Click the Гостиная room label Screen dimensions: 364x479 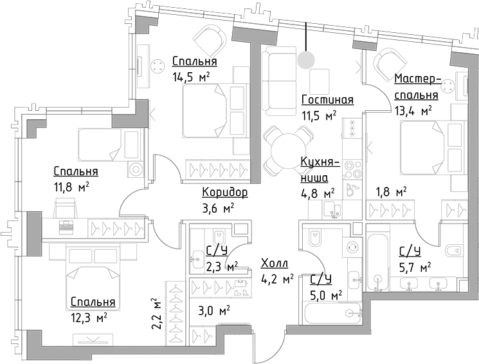[x=328, y=99]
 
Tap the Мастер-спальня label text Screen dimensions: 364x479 [x=416, y=87]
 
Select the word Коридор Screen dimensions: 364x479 [x=224, y=192]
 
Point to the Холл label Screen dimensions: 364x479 [x=275, y=263]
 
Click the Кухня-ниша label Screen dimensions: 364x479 [x=315, y=170]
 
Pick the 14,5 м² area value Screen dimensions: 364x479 [x=192, y=77]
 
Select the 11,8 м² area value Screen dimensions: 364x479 [x=71, y=187]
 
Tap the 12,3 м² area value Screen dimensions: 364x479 [x=89, y=317]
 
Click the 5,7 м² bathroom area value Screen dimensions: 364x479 [x=415, y=266]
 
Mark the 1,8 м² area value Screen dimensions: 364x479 [x=391, y=191]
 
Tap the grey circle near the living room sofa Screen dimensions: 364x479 [x=307, y=59]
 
